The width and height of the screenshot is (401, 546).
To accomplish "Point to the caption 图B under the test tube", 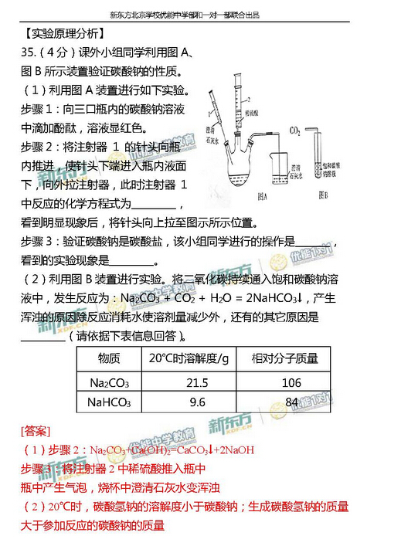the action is [325, 196].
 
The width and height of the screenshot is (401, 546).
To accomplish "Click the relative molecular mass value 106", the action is [291, 382].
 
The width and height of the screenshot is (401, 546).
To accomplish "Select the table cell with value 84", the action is [291, 402].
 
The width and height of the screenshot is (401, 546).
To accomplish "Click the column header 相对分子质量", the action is [291, 359].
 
